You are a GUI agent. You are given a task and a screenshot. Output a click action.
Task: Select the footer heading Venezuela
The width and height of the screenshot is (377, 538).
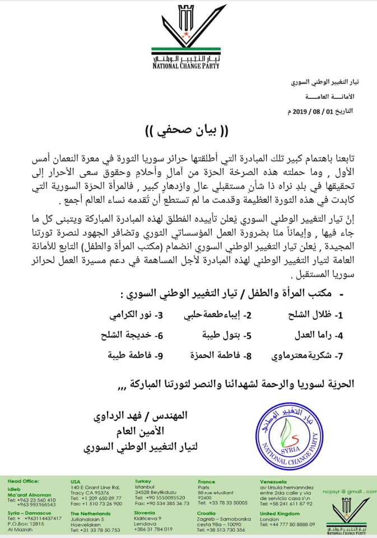pyautogui.click(x=273, y=481)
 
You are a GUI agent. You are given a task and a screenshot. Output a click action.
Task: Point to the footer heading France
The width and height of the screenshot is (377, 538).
pyautogui.click(x=206, y=481)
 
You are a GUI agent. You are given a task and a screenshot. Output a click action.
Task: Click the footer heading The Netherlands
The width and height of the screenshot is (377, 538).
pyautogui.click(x=91, y=513)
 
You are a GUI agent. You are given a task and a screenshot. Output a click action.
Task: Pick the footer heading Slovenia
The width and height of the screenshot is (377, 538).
pyautogui.click(x=145, y=513)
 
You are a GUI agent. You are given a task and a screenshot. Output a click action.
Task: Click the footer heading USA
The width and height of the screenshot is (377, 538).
pyautogui.click(x=75, y=481)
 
